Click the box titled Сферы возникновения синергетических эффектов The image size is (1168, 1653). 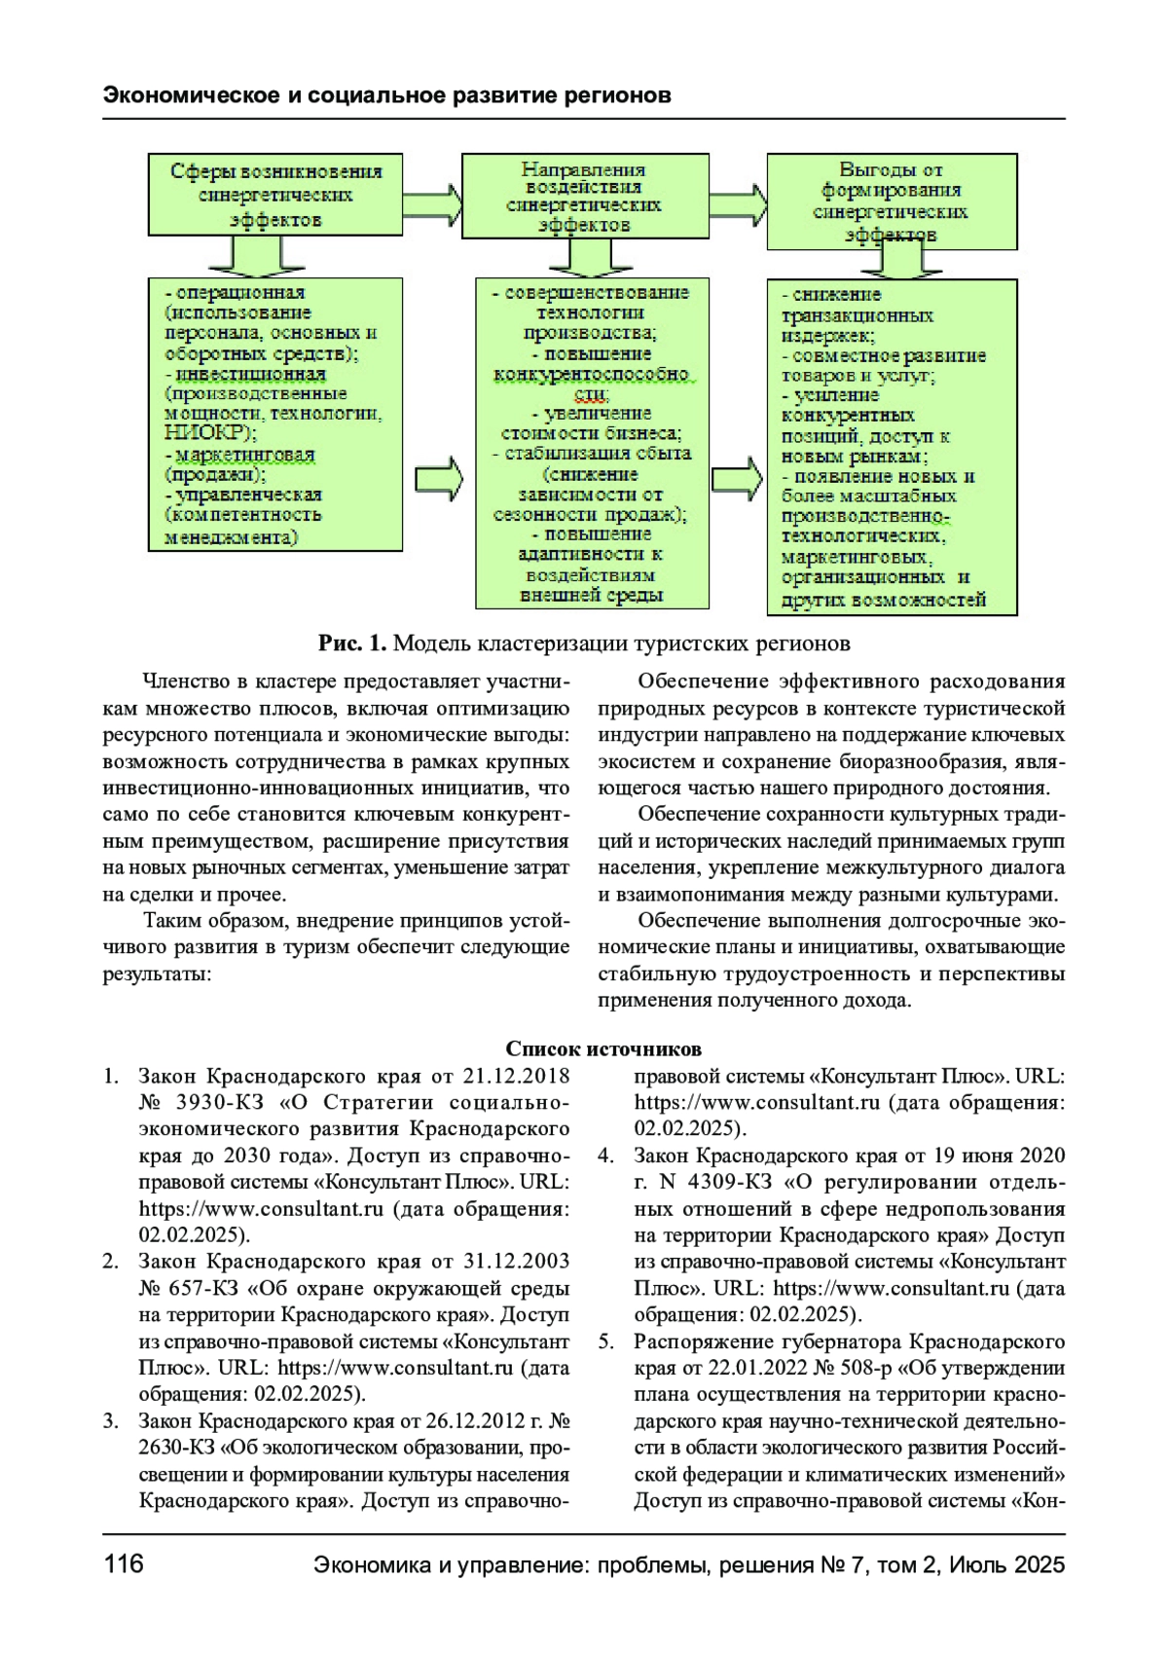(275, 195)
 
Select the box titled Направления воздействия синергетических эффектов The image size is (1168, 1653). (585, 196)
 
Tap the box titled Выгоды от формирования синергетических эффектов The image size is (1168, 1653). (892, 201)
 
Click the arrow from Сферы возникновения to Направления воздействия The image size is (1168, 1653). (432, 201)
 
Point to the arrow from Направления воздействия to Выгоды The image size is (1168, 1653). (737, 202)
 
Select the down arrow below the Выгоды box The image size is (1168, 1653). (892, 260)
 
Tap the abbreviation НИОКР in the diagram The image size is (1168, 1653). (204, 433)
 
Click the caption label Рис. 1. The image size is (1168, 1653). (352, 643)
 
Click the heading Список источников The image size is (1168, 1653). (602, 1048)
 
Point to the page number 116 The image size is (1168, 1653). (124, 1563)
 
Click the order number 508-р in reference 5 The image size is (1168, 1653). (878, 1368)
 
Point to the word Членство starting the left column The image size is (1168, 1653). (182, 681)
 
